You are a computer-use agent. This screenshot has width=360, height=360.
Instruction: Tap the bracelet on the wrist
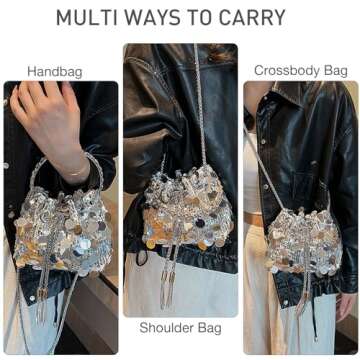tap(73, 168)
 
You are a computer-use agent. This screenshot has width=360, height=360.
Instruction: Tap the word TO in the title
tap(207, 18)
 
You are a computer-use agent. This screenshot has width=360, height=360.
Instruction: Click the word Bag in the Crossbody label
tap(334, 70)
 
